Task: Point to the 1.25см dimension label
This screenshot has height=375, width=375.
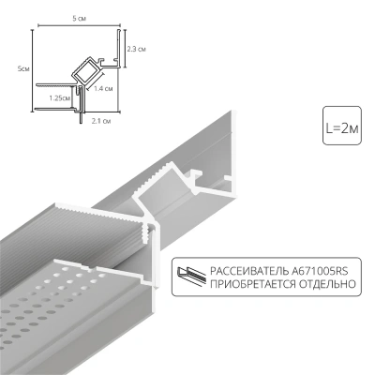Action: coord(58,97)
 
